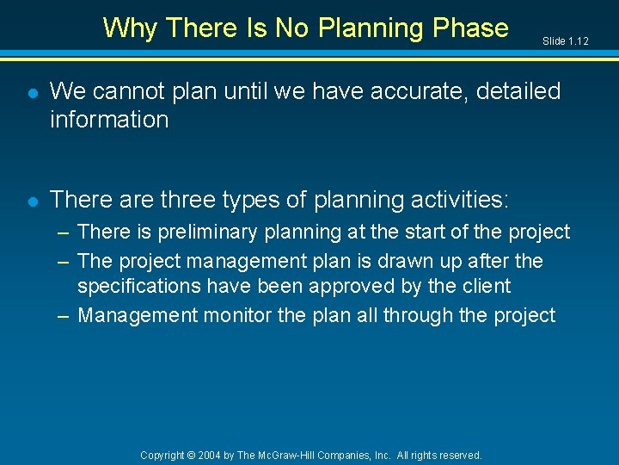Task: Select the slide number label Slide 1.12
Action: (x=565, y=41)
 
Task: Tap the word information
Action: (x=109, y=120)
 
